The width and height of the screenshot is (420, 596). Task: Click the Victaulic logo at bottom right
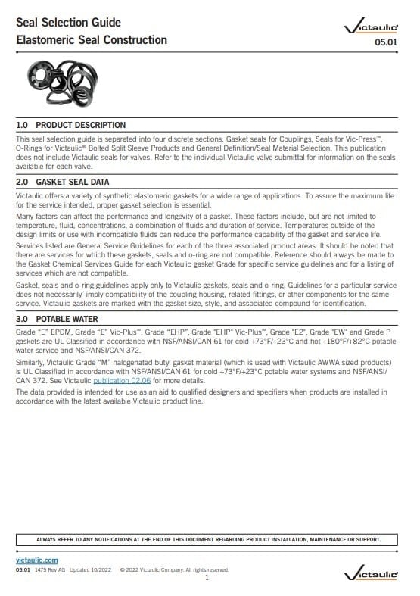point(370,576)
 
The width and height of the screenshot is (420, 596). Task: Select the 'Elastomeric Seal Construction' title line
point(92,39)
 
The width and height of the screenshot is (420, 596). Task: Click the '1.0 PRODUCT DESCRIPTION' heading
point(71,125)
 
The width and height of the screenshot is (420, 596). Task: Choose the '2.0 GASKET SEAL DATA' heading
point(63,182)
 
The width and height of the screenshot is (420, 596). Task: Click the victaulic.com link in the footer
point(37,560)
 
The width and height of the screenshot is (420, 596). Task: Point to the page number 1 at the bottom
point(207,577)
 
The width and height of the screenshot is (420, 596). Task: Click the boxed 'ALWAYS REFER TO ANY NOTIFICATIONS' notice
point(208,540)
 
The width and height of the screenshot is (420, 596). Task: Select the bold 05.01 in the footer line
point(23,569)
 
